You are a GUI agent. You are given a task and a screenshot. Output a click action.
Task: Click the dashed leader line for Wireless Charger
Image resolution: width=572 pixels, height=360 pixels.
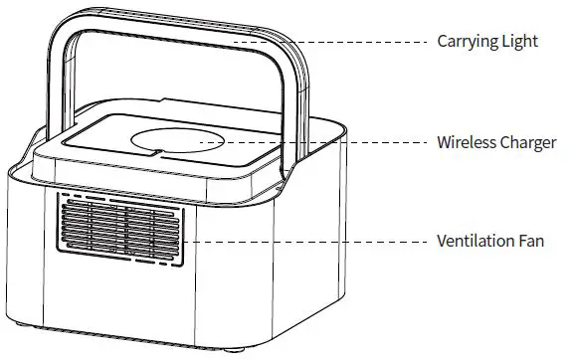(x=328, y=142)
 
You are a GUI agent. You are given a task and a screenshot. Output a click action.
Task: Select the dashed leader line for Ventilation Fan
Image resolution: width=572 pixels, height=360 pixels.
(x=308, y=242)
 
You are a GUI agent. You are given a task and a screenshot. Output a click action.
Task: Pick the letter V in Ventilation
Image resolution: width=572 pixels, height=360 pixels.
(x=442, y=242)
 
